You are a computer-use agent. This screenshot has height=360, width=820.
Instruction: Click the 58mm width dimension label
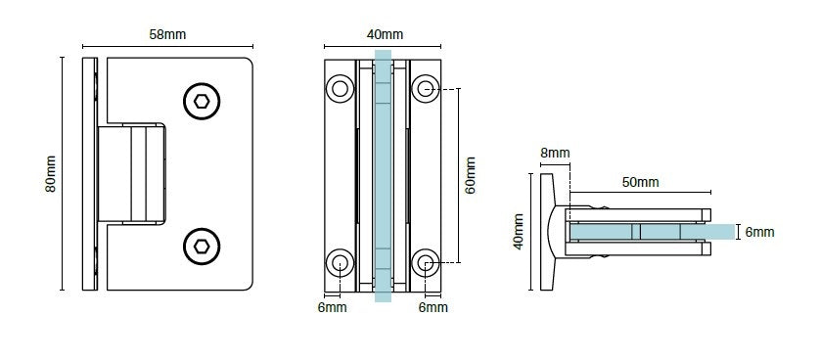point(167,34)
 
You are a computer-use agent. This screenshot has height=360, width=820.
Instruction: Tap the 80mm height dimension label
point(51,174)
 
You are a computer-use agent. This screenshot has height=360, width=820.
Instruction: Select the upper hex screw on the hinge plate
point(202,101)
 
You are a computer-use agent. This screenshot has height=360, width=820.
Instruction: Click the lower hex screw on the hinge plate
point(202,246)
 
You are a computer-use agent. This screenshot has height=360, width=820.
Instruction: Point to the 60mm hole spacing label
point(471,175)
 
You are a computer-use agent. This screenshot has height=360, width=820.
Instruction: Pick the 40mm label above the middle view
point(385,34)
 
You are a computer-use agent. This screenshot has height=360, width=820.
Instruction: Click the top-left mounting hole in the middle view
point(340,89)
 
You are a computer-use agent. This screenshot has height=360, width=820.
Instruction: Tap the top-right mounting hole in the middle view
point(426,89)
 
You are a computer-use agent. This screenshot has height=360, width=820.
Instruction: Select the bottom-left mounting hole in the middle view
point(340,262)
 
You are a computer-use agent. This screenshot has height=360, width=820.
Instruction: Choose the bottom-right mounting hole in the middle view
point(426,262)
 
